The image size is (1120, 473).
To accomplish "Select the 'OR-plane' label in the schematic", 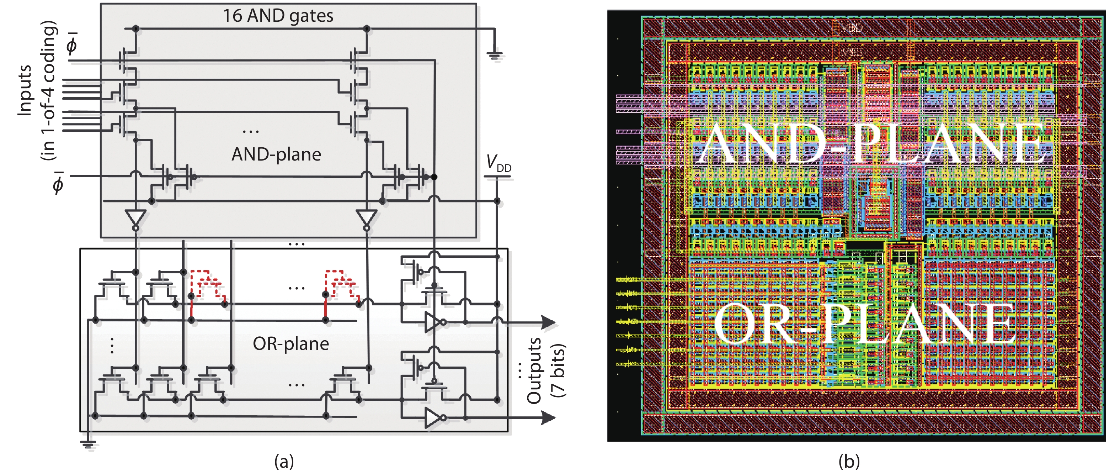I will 291,344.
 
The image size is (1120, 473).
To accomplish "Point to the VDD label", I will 498,163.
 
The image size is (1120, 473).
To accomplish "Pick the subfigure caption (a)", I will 284,461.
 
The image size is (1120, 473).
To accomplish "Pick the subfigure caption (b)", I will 849,461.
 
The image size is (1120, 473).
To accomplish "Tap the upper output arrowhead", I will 549,322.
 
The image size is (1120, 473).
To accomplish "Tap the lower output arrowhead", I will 549,418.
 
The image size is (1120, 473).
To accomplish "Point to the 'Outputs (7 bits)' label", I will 546,370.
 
